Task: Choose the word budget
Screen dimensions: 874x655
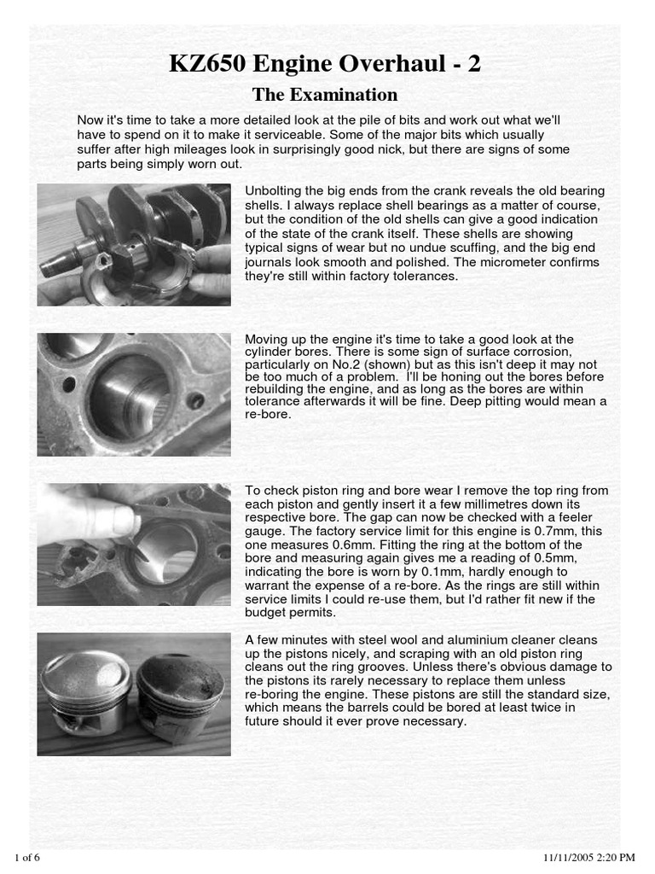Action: coord(265,613)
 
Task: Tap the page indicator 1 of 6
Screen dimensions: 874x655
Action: coord(28,856)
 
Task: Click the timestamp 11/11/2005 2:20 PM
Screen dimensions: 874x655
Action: coord(589,856)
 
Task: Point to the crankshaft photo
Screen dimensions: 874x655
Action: coord(134,245)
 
